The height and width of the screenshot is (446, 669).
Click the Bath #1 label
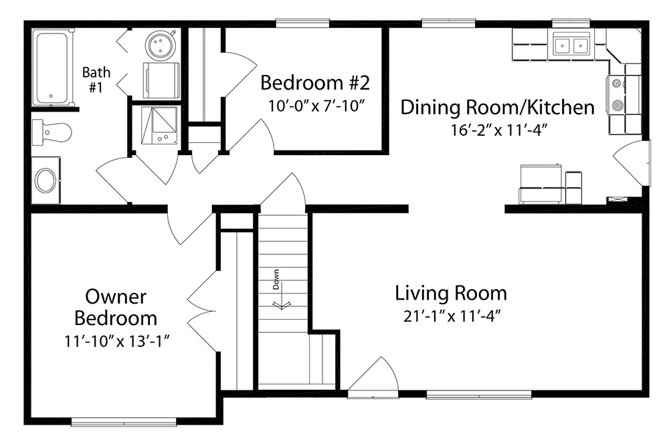96,80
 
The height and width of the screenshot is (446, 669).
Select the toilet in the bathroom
52,132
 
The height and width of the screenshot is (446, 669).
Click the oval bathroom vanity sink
45,181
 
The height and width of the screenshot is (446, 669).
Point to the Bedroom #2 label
315,83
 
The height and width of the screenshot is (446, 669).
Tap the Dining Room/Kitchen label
497,107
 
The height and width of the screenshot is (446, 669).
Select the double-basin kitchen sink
571,44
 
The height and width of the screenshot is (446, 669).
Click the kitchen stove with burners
617,94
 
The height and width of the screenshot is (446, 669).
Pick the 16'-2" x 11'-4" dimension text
498,130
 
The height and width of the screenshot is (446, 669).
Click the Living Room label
450,294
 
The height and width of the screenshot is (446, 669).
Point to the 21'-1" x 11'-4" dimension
452,316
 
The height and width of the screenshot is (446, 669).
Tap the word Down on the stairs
276,280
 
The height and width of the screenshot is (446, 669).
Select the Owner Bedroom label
116,308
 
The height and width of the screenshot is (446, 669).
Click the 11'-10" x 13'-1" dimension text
117,341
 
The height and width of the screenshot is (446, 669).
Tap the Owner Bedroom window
124,422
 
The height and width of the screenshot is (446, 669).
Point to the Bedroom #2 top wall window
302,23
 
